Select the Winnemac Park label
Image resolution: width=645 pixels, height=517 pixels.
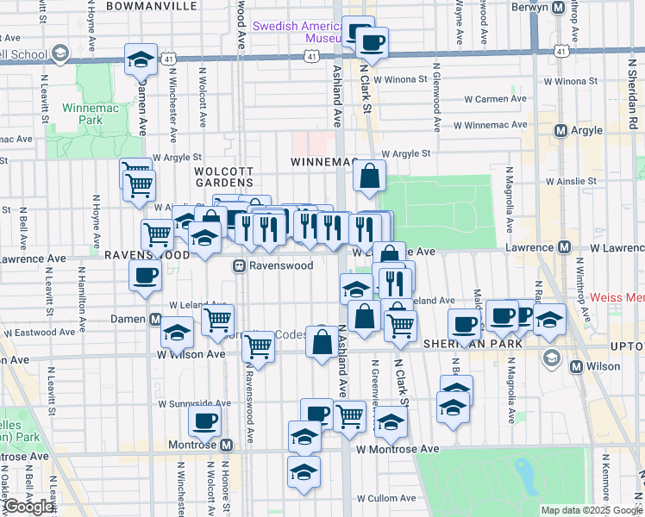83,115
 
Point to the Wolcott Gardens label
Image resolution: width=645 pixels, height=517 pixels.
222,177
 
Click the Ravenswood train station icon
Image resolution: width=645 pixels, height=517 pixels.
241,266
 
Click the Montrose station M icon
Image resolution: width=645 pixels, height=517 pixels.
227,445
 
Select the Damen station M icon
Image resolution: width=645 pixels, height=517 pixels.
155,320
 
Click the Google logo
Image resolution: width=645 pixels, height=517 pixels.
28,508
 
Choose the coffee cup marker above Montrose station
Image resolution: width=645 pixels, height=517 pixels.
204,420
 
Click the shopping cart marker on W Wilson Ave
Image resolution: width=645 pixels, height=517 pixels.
258,347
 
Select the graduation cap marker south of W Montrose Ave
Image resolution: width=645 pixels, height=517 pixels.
303,471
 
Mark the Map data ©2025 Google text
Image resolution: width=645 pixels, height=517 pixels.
591,510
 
